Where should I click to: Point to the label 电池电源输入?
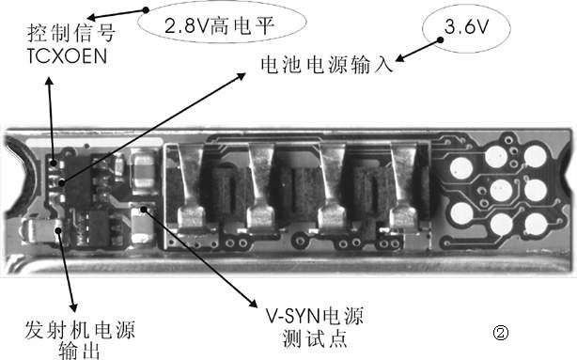pyautogui.click(x=326, y=66)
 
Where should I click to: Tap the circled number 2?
pyautogui.click(x=501, y=332)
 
